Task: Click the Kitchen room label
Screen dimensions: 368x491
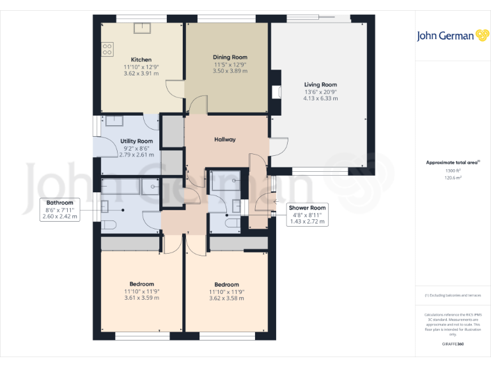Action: tap(141, 59)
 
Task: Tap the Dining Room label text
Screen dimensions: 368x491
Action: tap(230, 57)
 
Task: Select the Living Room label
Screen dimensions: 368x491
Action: tap(320, 84)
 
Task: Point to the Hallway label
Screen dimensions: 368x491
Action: tap(225, 139)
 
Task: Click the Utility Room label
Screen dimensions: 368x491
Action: tap(136, 141)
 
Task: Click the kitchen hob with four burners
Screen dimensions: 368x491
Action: tap(107, 49)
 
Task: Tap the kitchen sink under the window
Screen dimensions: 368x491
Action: tap(141, 27)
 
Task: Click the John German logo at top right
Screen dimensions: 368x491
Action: tap(453, 36)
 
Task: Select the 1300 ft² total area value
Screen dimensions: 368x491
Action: tap(453, 171)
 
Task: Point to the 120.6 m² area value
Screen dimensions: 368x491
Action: tap(453, 178)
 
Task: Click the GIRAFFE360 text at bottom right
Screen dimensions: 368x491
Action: tap(453, 344)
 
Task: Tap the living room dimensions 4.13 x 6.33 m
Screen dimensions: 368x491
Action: tap(320, 98)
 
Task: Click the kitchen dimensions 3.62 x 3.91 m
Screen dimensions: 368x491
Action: tap(141, 73)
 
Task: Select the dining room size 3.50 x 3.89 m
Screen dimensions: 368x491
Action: tap(230, 71)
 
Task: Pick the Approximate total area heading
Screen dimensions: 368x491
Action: tap(453, 163)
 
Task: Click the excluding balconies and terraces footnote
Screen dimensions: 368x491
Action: tap(453, 295)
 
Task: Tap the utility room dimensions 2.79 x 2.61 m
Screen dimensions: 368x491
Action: tap(136, 155)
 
